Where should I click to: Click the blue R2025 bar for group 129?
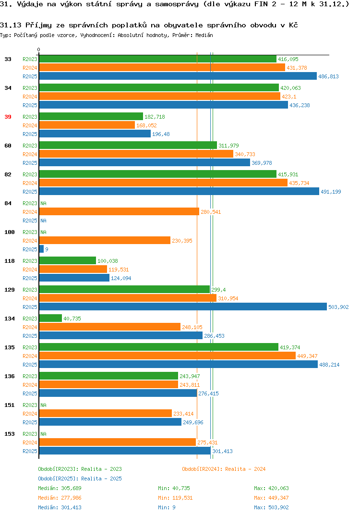(x=183, y=307)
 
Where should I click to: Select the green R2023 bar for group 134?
(x=50, y=318)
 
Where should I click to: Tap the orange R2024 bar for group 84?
(x=119, y=211)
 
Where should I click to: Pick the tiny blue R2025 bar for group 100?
(x=41, y=249)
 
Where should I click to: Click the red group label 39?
(x=8, y=117)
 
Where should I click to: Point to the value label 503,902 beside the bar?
(x=338, y=307)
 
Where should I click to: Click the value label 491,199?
(x=331, y=192)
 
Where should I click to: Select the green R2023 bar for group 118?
(x=67, y=260)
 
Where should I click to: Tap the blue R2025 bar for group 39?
(x=95, y=134)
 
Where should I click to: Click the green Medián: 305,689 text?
(x=60, y=488)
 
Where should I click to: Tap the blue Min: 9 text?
(x=167, y=507)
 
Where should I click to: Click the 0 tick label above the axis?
(x=39, y=49)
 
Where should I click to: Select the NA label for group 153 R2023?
(x=43, y=434)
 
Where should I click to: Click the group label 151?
(x=10, y=405)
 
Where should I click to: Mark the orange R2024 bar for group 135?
(x=168, y=356)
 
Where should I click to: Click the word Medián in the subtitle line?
(x=204, y=35)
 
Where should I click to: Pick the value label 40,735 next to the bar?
(x=72, y=319)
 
